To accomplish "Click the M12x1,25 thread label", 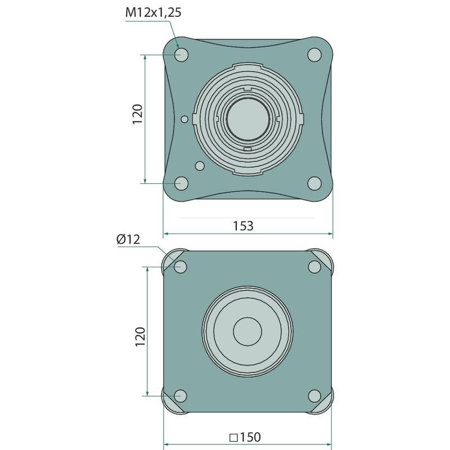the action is coord(154,12).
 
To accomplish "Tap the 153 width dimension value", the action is coord(243,226).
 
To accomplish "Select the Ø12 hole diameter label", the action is coord(128,239).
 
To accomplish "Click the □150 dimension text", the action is coord(245,438).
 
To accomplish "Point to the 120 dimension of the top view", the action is coord(138,114).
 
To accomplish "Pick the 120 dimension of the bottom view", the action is coord(140,336).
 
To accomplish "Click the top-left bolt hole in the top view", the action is coord(182,55).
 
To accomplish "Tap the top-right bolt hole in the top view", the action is coord(314,55).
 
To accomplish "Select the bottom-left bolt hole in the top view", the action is coord(181,183).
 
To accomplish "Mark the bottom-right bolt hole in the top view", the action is coord(314,183).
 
